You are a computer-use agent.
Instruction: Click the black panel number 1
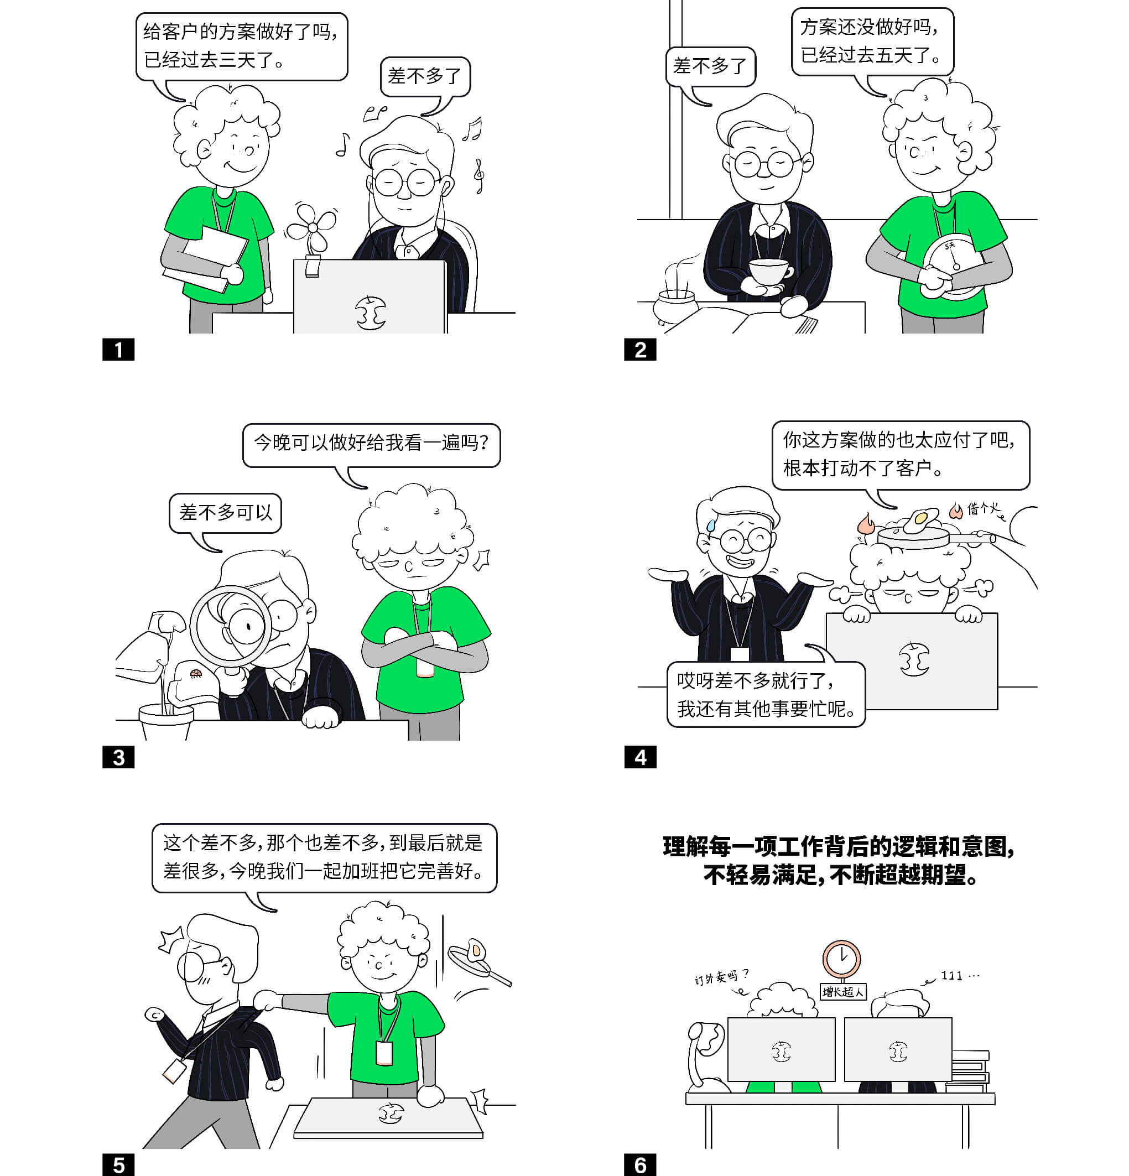(118, 350)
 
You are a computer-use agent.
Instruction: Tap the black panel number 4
(640, 757)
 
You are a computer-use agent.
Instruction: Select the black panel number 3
(118, 757)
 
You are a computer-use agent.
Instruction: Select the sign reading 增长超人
(843, 991)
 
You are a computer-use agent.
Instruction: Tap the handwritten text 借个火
(984, 509)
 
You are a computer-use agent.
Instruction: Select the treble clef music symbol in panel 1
(478, 175)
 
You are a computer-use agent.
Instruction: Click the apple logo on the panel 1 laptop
(370, 313)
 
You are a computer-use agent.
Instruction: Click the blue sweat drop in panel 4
(711, 525)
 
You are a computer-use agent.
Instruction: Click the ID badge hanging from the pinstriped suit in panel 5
(174, 1070)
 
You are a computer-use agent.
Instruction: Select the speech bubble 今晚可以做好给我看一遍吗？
(371, 445)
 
